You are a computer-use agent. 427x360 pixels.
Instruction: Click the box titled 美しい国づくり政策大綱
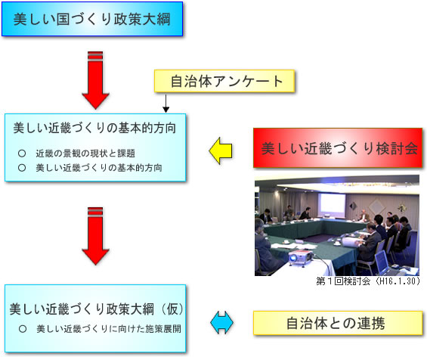(92, 19)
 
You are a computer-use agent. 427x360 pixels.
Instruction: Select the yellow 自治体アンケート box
(224, 81)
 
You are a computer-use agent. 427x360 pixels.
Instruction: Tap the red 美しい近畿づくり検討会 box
(338, 148)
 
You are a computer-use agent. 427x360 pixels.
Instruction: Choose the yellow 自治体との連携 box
(338, 323)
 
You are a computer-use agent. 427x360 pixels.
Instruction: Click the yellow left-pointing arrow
(221, 151)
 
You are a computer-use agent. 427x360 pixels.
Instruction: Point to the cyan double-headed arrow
(221, 323)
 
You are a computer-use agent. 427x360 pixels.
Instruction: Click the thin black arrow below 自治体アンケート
(166, 104)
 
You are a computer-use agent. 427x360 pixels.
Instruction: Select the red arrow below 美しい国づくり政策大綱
(95, 80)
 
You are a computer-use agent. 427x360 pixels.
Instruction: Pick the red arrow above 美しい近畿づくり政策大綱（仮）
(95, 236)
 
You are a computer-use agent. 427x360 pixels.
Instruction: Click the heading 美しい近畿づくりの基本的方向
(94, 128)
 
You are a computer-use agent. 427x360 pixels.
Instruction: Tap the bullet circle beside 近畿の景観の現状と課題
(22, 154)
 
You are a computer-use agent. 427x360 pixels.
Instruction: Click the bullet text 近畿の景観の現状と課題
(85, 154)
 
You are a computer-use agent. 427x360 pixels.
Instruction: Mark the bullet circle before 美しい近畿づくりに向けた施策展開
(23, 329)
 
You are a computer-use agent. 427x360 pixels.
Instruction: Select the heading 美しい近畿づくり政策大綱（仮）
(97, 309)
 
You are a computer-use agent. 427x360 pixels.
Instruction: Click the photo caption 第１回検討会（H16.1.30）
(368, 281)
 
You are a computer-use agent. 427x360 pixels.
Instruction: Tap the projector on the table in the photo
(300, 257)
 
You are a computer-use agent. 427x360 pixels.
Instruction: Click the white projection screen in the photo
(332, 203)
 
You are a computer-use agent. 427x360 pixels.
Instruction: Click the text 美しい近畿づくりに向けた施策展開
(109, 329)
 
